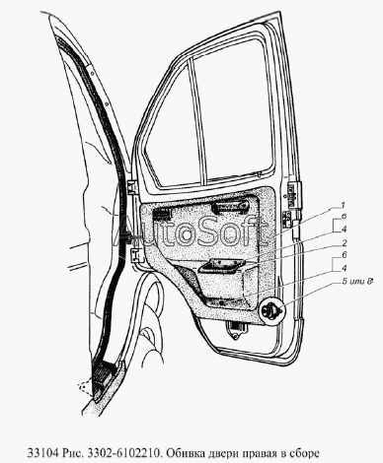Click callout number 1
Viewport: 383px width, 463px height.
(x=343, y=206)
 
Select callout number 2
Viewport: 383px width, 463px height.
(x=345, y=243)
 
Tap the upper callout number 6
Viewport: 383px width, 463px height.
(x=344, y=217)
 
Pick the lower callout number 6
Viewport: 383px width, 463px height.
(x=345, y=255)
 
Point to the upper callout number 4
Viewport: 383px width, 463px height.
(x=344, y=229)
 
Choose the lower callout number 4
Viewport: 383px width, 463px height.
(x=345, y=268)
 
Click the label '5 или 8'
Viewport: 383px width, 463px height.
(x=356, y=281)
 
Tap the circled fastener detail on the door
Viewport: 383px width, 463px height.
(x=270, y=310)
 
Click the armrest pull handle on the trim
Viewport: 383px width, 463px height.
(x=222, y=265)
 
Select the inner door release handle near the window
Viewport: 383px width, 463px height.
(x=230, y=208)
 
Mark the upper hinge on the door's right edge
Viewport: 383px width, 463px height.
(x=293, y=195)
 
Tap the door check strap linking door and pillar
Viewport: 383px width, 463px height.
(x=131, y=238)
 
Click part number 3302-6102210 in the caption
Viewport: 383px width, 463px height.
(x=123, y=453)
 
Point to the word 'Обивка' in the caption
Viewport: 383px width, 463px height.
(x=184, y=453)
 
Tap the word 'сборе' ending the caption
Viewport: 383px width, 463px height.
(x=305, y=454)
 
